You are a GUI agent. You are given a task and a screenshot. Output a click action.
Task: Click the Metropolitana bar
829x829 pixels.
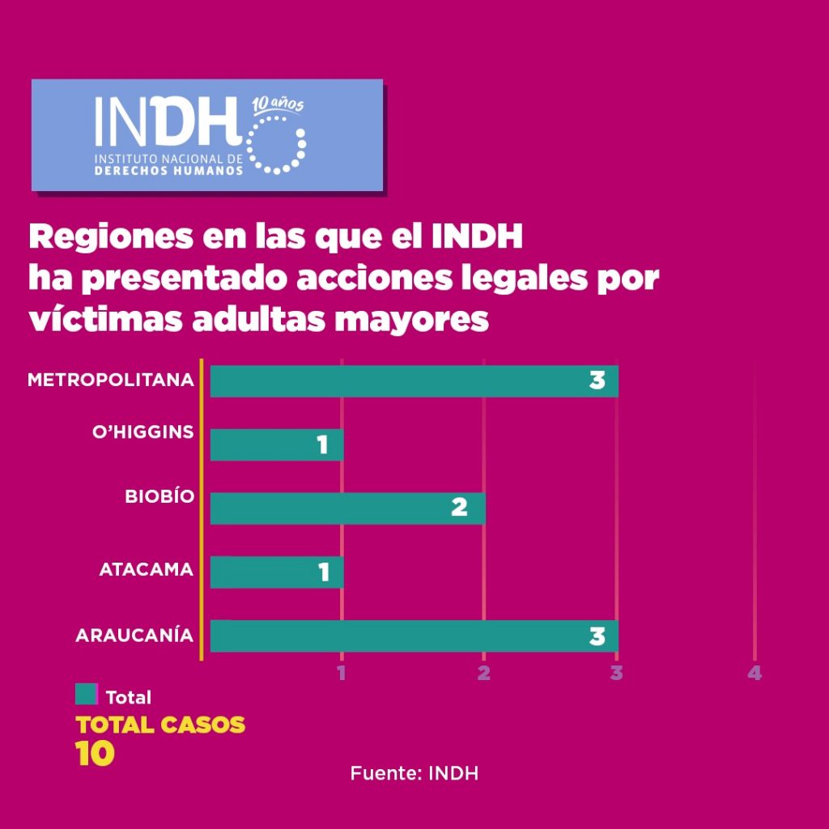(413, 381)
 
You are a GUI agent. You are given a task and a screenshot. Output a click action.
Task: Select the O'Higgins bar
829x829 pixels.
(276, 444)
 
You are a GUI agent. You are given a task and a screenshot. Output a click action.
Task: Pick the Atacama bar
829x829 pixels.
(276, 572)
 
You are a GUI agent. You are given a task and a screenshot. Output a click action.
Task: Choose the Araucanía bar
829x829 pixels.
(413, 636)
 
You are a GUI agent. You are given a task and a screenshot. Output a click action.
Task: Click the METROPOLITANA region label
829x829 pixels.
(111, 380)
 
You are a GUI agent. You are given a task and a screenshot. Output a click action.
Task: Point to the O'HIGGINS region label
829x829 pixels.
(142, 432)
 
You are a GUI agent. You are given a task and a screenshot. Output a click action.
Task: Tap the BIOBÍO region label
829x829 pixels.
(159, 496)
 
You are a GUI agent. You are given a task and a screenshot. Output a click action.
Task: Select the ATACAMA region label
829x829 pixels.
(147, 570)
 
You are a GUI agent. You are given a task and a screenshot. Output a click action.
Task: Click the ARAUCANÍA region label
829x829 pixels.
(134, 636)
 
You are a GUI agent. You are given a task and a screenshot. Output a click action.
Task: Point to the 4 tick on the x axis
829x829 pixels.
(755, 673)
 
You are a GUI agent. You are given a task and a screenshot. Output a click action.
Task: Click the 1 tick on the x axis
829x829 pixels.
(342, 673)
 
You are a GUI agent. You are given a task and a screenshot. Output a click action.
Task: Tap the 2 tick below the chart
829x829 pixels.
(483, 673)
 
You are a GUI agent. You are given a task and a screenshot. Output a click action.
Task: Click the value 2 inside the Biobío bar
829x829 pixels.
(459, 508)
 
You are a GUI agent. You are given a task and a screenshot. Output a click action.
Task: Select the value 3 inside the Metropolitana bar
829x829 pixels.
(597, 380)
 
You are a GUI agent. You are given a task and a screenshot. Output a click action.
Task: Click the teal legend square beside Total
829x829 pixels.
(87, 695)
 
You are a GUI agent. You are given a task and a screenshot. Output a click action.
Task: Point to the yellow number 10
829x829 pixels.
(96, 754)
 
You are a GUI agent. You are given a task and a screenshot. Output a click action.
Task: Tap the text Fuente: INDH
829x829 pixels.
(414, 773)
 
